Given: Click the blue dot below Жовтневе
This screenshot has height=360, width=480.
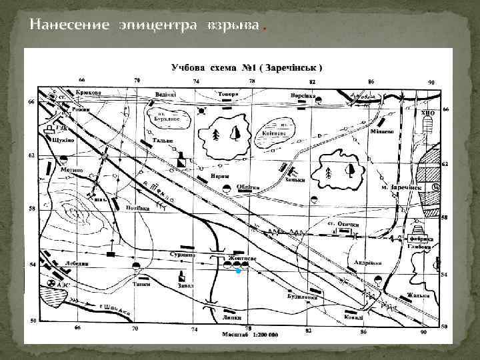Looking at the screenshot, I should tap(237, 272).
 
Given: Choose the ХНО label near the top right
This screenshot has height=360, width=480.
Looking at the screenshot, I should tap(428, 113).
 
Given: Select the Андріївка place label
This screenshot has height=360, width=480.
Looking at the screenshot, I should tap(367, 262).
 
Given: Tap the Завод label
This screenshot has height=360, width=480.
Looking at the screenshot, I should tap(185, 286).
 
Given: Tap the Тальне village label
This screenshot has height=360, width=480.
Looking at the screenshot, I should tap(163, 141).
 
